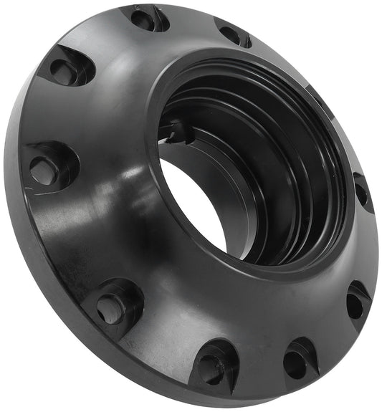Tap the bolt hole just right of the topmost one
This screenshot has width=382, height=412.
[x=231, y=34]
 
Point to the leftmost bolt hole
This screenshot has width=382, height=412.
[x=44, y=169]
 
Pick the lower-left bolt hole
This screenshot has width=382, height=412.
[x=112, y=307]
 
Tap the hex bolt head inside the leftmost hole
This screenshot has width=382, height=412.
[x=44, y=171]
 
